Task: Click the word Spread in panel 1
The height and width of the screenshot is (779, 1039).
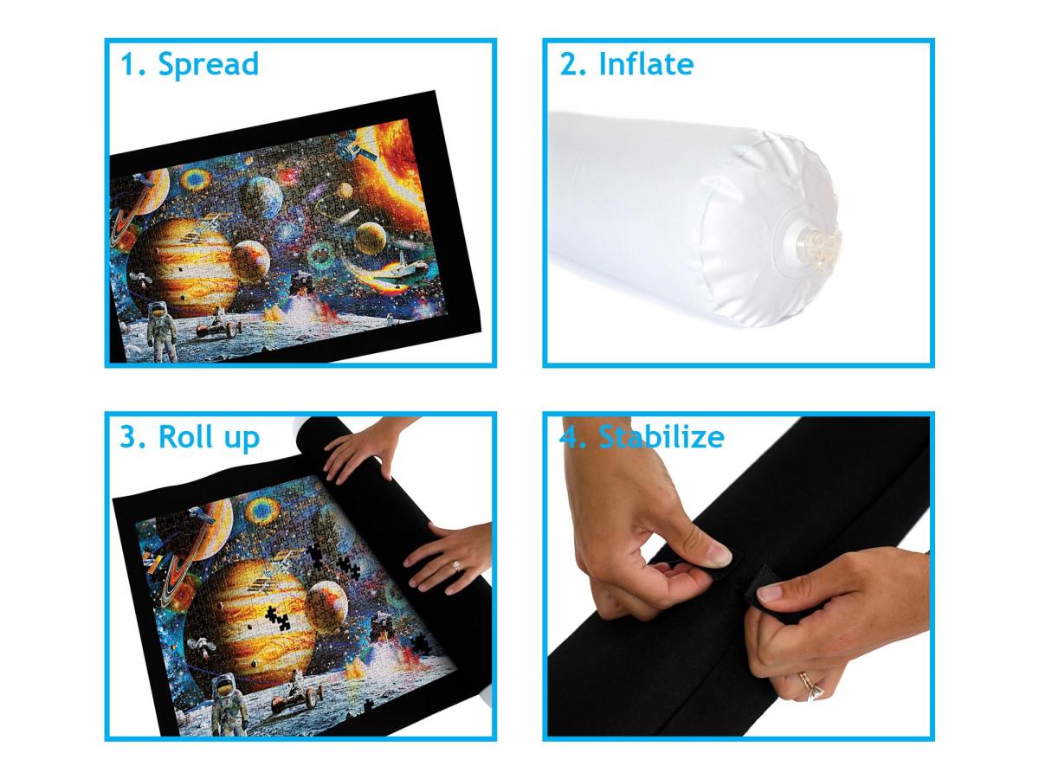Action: click(209, 64)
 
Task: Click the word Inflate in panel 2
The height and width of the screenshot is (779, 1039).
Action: click(646, 64)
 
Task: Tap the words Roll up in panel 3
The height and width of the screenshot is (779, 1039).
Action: click(209, 437)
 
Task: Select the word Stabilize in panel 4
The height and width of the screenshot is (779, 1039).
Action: click(661, 436)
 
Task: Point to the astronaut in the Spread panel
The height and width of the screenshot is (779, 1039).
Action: click(161, 330)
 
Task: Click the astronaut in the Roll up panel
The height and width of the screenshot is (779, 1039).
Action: click(229, 704)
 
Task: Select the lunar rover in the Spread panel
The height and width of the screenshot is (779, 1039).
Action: click(219, 325)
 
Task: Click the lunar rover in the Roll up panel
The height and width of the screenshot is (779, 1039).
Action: click(297, 695)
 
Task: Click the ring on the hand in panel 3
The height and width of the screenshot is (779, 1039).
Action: click(456, 566)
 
